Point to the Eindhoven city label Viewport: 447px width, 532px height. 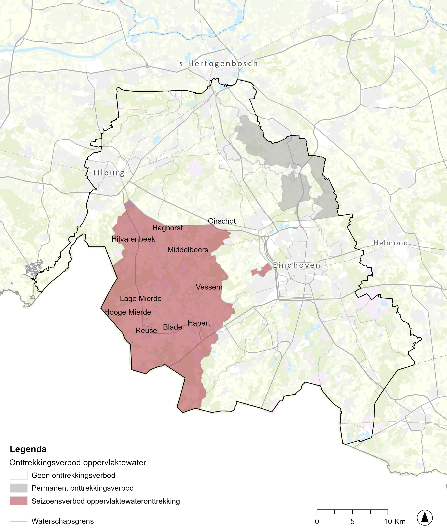pos(296,265)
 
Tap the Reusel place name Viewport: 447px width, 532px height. pos(147,330)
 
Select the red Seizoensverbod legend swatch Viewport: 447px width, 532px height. pos(19,501)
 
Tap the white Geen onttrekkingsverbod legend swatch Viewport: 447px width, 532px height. pos(19,475)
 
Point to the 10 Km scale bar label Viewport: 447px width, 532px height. pos(395,521)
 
